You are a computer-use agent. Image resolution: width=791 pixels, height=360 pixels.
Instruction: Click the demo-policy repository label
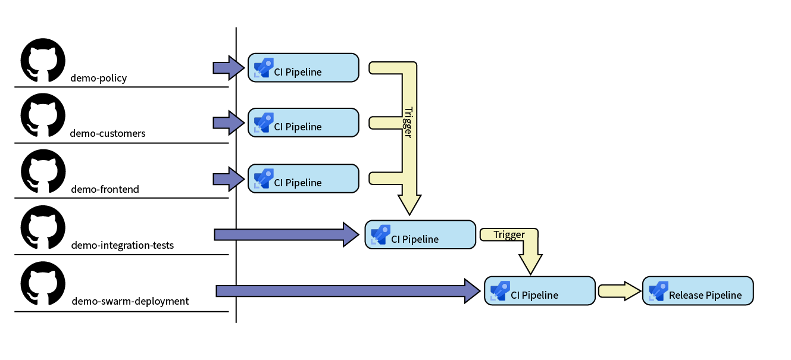tap(98, 78)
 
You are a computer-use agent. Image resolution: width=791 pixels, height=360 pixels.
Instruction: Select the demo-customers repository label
tap(107, 133)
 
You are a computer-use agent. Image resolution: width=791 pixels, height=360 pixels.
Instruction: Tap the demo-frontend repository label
tap(105, 189)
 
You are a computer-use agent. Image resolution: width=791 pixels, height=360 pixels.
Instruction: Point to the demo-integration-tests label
tap(122, 245)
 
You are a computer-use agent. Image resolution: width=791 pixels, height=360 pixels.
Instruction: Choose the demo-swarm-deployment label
tap(130, 301)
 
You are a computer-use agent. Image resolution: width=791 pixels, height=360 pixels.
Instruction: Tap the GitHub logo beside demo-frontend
tap(42, 171)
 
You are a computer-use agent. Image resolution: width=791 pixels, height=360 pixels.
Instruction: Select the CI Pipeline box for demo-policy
tap(303, 68)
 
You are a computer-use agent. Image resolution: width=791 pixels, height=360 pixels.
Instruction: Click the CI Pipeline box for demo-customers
tap(303, 123)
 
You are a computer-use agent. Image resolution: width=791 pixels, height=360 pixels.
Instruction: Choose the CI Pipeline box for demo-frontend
tap(303, 179)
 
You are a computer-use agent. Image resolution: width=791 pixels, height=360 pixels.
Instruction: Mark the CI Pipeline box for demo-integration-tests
tap(420, 235)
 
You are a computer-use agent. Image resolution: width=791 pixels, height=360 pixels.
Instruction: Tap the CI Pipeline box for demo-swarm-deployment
tap(539, 291)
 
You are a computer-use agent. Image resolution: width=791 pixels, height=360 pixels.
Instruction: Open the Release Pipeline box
tap(698, 291)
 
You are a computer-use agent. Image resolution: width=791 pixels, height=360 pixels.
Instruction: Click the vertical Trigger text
tap(408, 122)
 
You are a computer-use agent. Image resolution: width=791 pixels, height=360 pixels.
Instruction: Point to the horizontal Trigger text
tap(509, 234)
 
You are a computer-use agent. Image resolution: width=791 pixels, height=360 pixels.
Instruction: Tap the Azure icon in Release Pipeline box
tap(658, 291)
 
